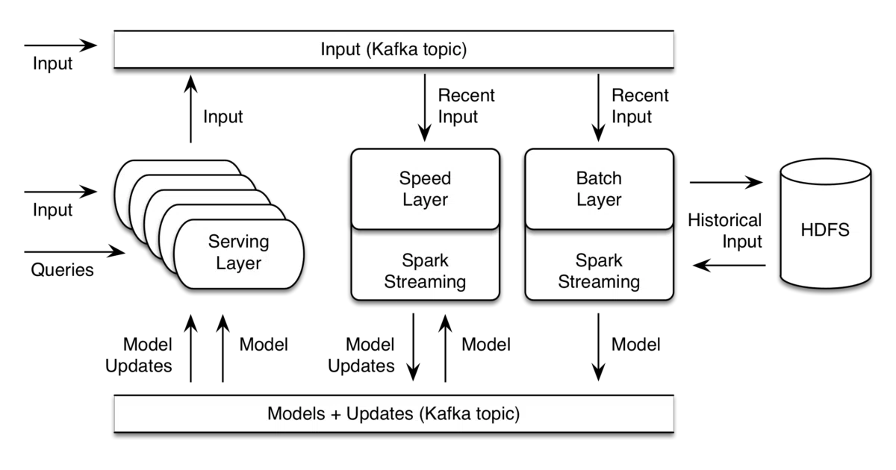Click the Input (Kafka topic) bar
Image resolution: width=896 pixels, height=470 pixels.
pyautogui.click(x=393, y=49)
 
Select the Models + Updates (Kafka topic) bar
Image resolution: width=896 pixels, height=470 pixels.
pyautogui.click(x=393, y=413)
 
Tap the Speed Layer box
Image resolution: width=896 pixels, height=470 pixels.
pyautogui.click(x=425, y=189)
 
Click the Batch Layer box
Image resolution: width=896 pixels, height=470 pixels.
pyautogui.click(x=599, y=189)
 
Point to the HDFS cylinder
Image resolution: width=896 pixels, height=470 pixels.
pyautogui.click(x=826, y=224)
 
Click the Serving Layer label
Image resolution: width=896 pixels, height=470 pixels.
pyautogui.click(x=238, y=252)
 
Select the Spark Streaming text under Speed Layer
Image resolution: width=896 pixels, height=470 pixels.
pyautogui.click(x=425, y=271)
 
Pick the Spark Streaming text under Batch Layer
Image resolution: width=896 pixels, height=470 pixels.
pyautogui.click(x=599, y=271)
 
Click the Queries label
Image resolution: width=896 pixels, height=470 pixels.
pyautogui.click(x=63, y=270)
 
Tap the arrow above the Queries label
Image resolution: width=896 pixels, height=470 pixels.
pyautogui.click(x=75, y=252)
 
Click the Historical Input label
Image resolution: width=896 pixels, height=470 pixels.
pyautogui.click(x=725, y=231)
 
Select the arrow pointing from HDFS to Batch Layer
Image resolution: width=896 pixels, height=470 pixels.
pyautogui.click(x=729, y=265)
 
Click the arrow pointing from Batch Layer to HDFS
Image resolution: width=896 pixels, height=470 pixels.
pyautogui.click(x=726, y=182)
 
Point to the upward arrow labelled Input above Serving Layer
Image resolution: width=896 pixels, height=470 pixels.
pyautogui.click(x=191, y=109)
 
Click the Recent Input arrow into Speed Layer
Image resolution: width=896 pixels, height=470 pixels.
pyautogui.click(x=425, y=107)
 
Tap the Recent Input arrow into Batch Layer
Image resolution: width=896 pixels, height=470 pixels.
pyautogui.click(x=598, y=107)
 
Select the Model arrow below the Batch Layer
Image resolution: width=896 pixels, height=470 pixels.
pyautogui.click(x=598, y=347)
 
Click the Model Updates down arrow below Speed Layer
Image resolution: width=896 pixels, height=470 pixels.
pyautogui.click(x=413, y=347)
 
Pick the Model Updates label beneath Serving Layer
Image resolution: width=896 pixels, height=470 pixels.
pyautogui.click(x=139, y=355)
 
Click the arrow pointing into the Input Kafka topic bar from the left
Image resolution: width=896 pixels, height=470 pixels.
pyautogui.click(x=60, y=46)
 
